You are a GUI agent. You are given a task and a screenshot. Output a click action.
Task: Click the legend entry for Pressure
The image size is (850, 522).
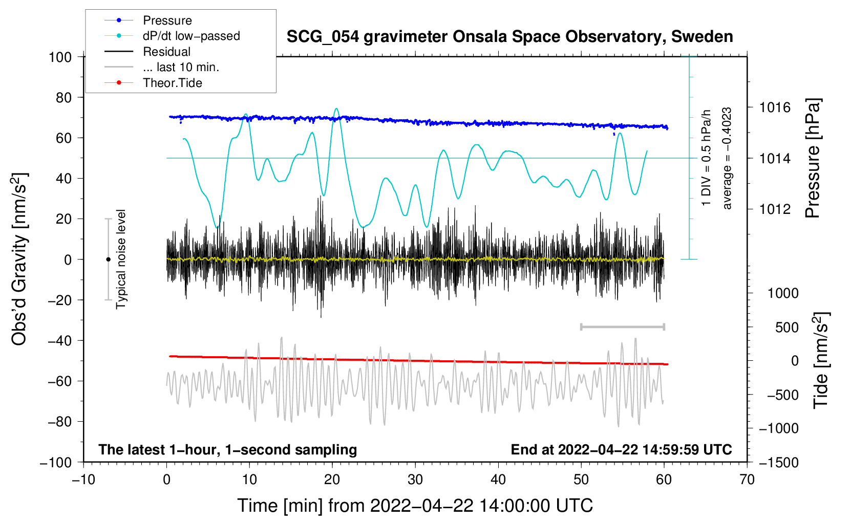pyautogui.click(x=167, y=20)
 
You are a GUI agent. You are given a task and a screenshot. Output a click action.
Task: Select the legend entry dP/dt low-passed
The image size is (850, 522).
pyautogui.click(x=191, y=36)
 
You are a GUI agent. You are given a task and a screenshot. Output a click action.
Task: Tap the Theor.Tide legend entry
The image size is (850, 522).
pyautogui.click(x=172, y=83)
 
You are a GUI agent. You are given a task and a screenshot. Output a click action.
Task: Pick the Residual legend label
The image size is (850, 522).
pyautogui.click(x=166, y=52)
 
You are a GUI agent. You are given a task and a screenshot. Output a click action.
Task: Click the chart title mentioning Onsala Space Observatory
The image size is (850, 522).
pyautogui.click(x=509, y=37)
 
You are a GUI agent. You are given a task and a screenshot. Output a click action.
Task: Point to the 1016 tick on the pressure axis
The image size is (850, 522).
pyautogui.click(x=775, y=107)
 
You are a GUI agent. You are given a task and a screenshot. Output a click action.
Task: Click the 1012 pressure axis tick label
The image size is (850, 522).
pyautogui.click(x=775, y=209)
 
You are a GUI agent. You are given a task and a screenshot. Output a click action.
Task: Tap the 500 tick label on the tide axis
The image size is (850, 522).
pyautogui.click(x=787, y=327)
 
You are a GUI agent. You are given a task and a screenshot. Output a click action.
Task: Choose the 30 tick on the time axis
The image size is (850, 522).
pyautogui.click(x=415, y=480)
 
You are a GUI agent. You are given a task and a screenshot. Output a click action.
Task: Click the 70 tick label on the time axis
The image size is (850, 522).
pyautogui.click(x=747, y=480)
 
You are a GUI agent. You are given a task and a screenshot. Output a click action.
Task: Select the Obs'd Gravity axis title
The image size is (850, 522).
pyautogui.click(x=19, y=259)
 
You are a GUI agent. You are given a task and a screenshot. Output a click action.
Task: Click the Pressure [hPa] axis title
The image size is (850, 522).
pyautogui.click(x=813, y=158)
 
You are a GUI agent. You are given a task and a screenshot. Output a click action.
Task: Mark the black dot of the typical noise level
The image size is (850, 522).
pyautogui.click(x=108, y=259)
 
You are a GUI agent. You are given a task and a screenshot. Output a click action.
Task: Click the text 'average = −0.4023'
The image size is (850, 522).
pyautogui.click(x=727, y=158)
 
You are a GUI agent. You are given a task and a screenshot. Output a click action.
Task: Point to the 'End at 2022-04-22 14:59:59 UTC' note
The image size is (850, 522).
pyautogui.click(x=621, y=449)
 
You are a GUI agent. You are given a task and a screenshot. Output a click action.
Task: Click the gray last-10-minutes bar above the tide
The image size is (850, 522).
pyautogui.click(x=622, y=327)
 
